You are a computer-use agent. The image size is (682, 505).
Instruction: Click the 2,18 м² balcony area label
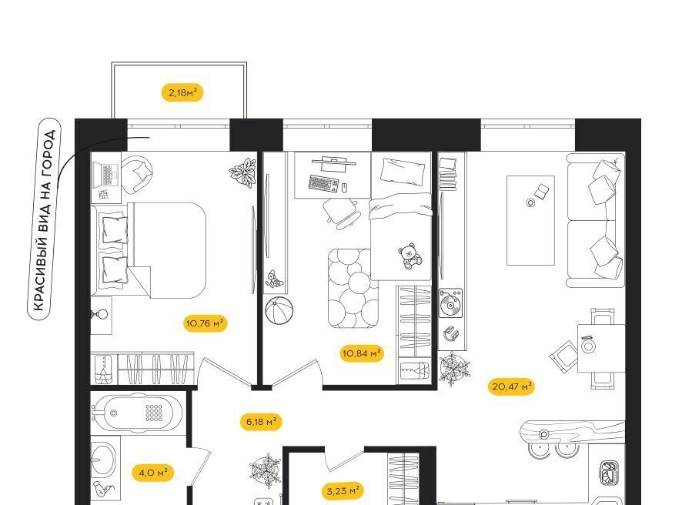(182, 92)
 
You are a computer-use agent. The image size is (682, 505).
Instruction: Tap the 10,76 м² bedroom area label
(205, 323)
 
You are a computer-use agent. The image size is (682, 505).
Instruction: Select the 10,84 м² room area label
(362, 353)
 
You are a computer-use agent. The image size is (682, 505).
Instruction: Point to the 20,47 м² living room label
(512, 386)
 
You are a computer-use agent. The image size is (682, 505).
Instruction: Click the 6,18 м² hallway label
(261, 422)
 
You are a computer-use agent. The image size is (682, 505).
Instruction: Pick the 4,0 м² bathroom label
(153, 473)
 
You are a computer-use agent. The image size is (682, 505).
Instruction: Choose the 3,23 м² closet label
(343, 491)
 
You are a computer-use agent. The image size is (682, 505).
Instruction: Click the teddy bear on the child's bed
(410, 256)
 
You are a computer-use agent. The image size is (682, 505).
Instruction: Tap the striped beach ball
(279, 310)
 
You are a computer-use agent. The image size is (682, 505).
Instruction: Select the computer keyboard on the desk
(323, 183)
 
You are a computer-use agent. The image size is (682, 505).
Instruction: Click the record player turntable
(450, 303)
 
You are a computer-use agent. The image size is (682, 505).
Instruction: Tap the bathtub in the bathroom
(137, 413)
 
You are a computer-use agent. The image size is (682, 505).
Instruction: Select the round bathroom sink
(102, 459)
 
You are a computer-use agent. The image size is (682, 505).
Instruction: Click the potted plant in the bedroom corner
(242, 172)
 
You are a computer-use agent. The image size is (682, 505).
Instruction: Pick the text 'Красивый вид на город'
(45, 219)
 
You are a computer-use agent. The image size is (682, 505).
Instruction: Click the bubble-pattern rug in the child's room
(353, 288)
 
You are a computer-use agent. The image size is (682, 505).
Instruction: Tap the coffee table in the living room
(530, 220)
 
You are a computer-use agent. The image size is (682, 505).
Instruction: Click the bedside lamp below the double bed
(99, 313)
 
